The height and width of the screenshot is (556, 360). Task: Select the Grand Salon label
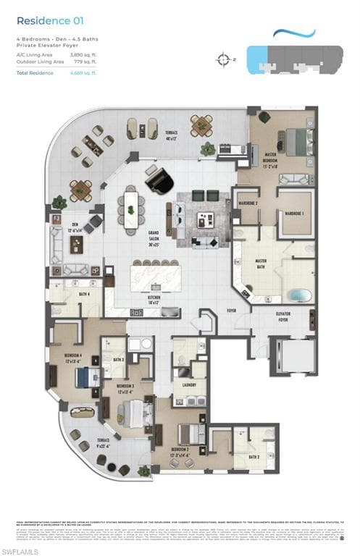[x=154, y=238]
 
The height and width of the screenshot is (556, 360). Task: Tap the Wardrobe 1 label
[x=293, y=214]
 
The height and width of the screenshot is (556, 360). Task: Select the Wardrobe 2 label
[x=247, y=203]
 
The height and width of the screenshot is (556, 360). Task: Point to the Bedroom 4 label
[x=72, y=358]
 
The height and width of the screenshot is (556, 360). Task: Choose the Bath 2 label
[x=254, y=457]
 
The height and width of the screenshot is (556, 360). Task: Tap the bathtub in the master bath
[x=298, y=295]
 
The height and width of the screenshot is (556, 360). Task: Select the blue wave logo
[x=294, y=33]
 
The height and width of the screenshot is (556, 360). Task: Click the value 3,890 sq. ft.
[x=82, y=55]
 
